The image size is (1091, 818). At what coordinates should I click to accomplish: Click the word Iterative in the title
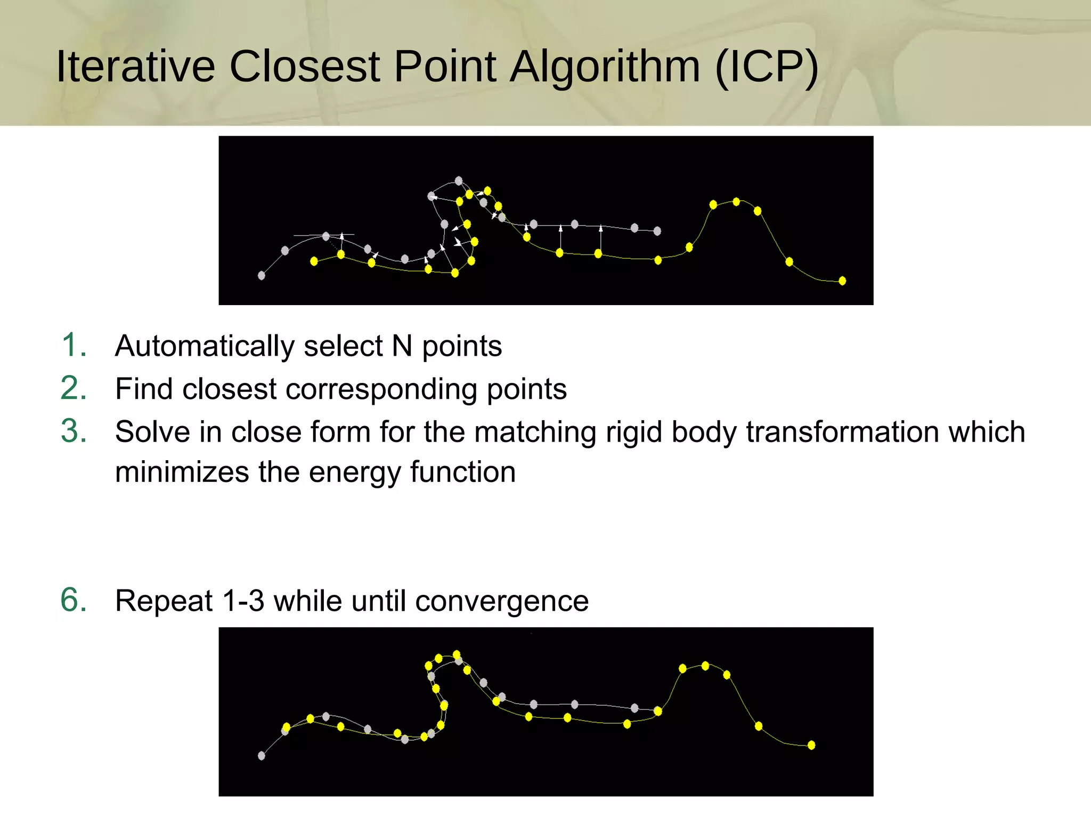tap(135, 67)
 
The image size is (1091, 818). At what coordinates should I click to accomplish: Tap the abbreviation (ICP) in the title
tap(766, 67)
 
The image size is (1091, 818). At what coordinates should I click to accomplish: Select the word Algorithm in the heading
tap(604, 67)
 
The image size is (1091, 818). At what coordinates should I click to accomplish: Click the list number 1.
tap(74, 345)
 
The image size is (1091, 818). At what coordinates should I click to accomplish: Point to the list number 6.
tap(74, 600)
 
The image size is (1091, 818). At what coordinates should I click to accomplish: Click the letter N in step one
tap(402, 346)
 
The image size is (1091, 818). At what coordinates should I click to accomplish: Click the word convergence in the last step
tap(502, 601)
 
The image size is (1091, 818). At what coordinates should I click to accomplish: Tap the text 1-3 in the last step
tap(243, 601)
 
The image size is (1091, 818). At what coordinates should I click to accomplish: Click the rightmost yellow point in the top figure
tap(842, 281)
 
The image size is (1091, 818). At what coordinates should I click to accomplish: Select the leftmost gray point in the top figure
tap(262, 275)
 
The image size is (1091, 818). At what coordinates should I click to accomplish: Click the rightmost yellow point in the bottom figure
tap(811, 745)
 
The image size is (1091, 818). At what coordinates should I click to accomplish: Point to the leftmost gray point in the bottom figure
tap(262, 756)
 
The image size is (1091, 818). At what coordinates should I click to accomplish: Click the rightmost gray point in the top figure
tap(657, 231)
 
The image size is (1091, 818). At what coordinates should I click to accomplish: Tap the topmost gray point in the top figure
tap(459, 181)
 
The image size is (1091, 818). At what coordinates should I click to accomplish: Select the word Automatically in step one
tap(205, 346)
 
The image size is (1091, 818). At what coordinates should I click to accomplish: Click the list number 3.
tap(74, 431)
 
